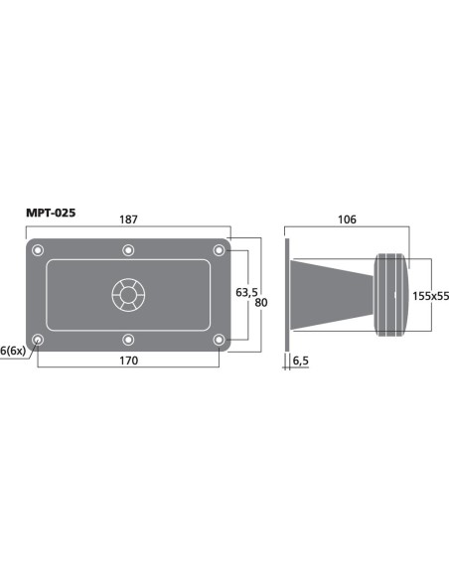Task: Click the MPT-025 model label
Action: [51, 213]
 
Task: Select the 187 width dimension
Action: [128, 219]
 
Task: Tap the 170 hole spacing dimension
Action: [128, 361]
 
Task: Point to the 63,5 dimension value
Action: [246, 293]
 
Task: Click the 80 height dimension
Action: [261, 303]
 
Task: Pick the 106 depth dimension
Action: [347, 219]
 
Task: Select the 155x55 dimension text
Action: [430, 296]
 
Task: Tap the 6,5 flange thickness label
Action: [300, 361]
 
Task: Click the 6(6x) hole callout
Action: [13, 351]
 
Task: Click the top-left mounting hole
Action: [38, 250]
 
